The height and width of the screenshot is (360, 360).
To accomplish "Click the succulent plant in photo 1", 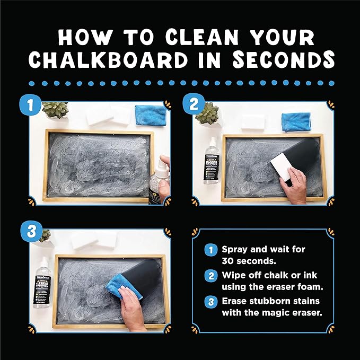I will tap(55, 110).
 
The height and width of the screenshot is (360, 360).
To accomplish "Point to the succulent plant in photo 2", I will tap(207, 112).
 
